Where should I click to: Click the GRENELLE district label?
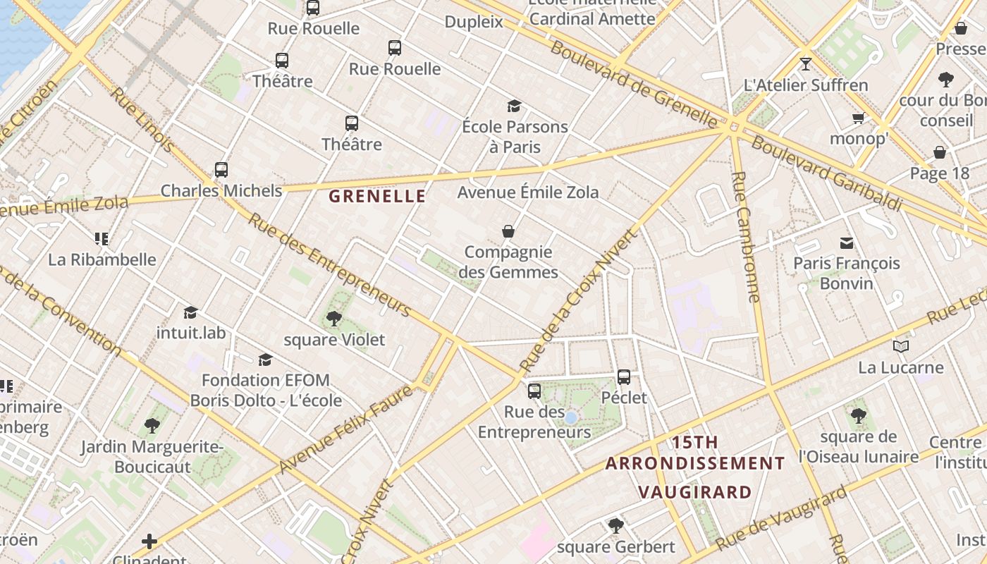pyautogui.click(x=377, y=196)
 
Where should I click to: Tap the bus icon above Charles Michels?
pyautogui.click(x=221, y=170)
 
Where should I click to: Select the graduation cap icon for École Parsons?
pyautogui.click(x=515, y=106)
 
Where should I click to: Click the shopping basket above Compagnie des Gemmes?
pyautogui.click(x=508, y=231)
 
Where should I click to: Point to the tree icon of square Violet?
pyautogui.click(x=334, y=319)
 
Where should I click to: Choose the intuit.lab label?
pyautogui.click(x=191, y=332)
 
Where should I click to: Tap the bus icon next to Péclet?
pyautogui.click(x=624, y=377)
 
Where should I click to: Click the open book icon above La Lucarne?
pyautogui.click(x=900, y=346)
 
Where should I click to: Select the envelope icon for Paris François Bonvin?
pyautogui.click(x=846, y=243)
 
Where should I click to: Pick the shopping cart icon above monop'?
pyautogui.click(x=858, y=118)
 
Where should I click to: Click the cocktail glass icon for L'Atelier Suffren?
pyautogui.click(x=806, y=64)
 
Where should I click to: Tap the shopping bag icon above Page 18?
pyautogui.click(x=940, y=152)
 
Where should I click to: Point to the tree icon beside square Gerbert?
pyautogui.click(x=616, y=525)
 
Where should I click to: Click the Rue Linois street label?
pyautogui.click(x=143, y=121)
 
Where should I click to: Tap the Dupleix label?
pyautogui.click(x=474, y=22)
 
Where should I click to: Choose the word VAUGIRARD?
pyautogui.click(x=694, y=491)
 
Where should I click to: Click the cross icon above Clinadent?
pyautogui.click(x=149, y=541)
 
